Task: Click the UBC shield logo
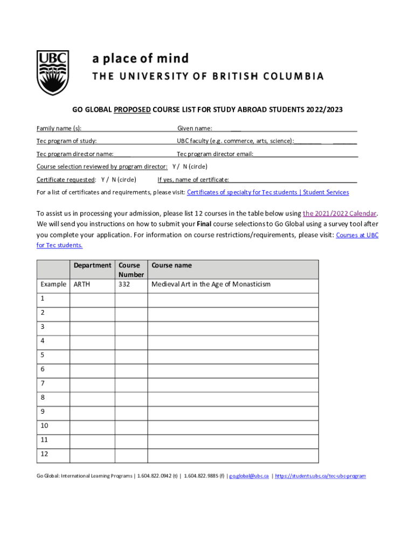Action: (x=53, y=72)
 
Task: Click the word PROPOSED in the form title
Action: (x=132, y=110)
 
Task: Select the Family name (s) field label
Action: (x=59, y=129)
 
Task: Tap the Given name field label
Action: (x=195, y=129)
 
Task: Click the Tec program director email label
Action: (x=215, y=154)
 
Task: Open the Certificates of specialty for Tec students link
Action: (x=268, y=192)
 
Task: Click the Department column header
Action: (x=92, y=265)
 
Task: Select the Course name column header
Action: (x=171, y=265)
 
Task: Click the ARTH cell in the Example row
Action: (x=82, y=284)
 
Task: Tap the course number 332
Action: (x=124, y=284)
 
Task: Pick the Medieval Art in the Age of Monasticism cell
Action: (x=211, y=284)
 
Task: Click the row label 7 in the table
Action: (x=43, y=383)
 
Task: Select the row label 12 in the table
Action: (x=44, y=454)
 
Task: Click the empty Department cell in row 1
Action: (x=92, y=299)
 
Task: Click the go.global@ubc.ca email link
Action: (x=249, y=476)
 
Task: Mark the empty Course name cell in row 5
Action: (x=233, y=355)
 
